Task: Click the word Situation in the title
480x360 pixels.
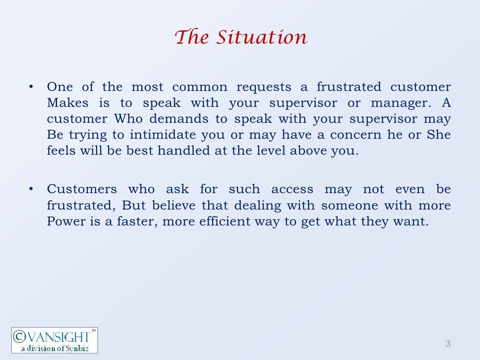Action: point(262,37)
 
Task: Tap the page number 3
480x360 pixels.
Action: point(448,344)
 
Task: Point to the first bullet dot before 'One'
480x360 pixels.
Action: point(30,87)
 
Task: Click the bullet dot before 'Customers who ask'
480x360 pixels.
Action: point(30,189)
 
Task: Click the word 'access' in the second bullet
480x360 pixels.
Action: point(292,189)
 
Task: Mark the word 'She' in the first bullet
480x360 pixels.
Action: point(439,135)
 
